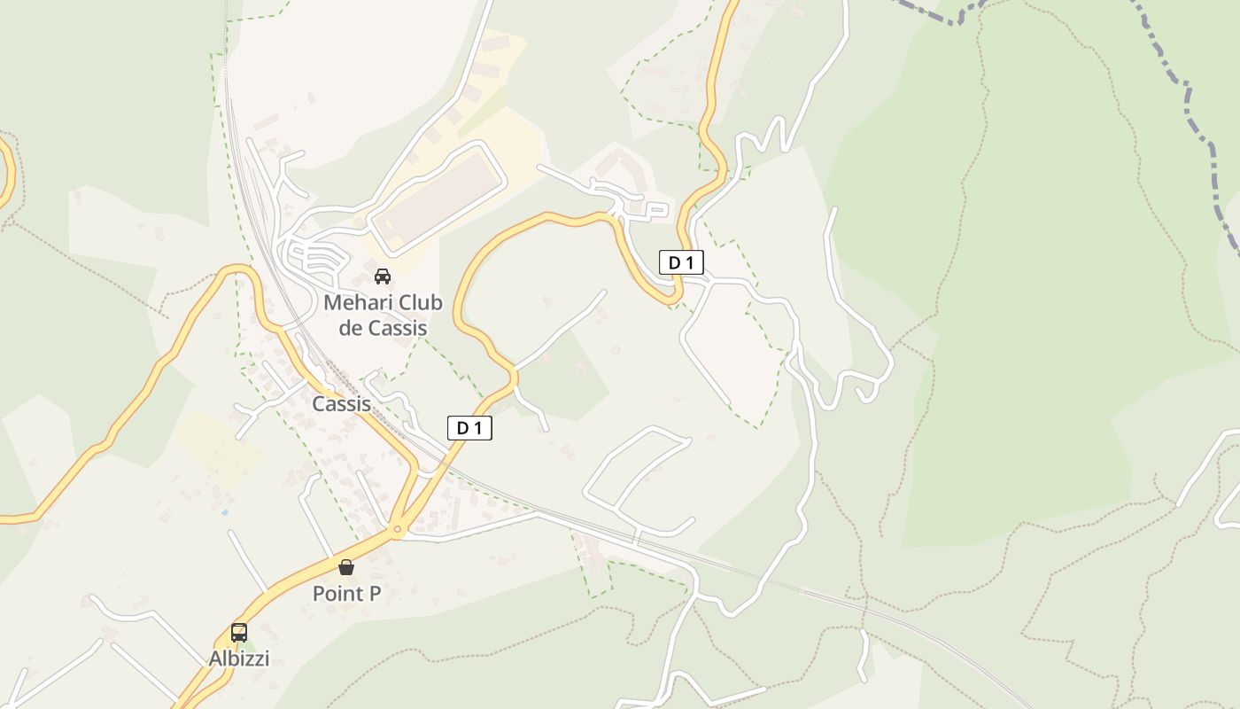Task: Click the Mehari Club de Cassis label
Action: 383,315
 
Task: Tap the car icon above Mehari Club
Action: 383,277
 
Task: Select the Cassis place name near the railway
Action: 341,404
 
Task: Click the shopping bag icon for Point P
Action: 346,567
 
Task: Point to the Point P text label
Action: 346,594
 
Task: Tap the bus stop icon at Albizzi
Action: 239,633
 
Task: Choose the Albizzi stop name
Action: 239,658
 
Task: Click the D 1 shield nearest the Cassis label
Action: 469,428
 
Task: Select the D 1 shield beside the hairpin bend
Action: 681,262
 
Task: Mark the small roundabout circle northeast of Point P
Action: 398,530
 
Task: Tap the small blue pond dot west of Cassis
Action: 224,512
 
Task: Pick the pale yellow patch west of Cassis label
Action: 217,448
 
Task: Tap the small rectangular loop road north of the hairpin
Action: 656,211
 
